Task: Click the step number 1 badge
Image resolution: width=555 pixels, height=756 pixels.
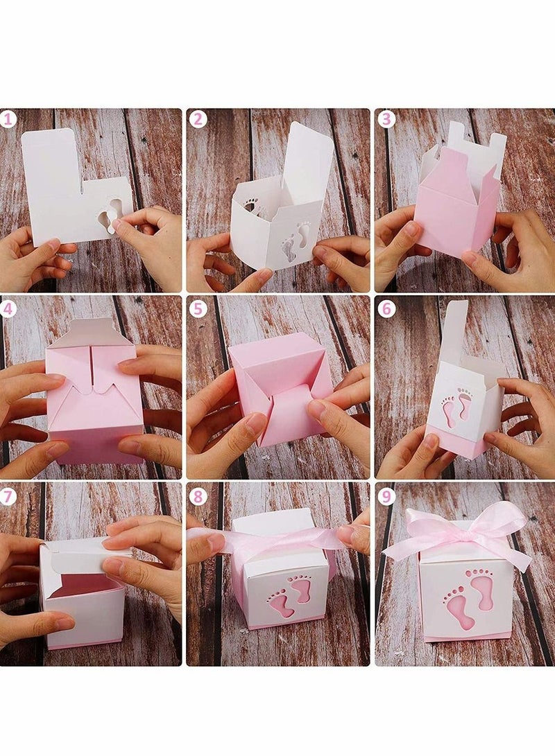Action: [9, 119]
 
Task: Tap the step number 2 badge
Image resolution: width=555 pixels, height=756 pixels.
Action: [198, 119]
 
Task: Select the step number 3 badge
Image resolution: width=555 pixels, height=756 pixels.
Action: [386, 119]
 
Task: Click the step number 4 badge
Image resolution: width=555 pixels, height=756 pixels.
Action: [9, 308]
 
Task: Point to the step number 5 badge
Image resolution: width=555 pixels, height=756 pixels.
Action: [198, 308]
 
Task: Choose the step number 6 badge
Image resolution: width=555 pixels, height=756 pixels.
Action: [386, 308]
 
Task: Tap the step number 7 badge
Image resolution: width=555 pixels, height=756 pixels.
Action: [9, 496]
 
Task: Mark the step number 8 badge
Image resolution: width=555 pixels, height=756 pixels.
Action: [198, 496]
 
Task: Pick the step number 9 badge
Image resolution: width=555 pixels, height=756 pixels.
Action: [386, 496]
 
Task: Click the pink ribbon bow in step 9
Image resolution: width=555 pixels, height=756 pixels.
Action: [458, 532]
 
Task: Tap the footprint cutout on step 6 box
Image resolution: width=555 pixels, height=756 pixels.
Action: [456, 407]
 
